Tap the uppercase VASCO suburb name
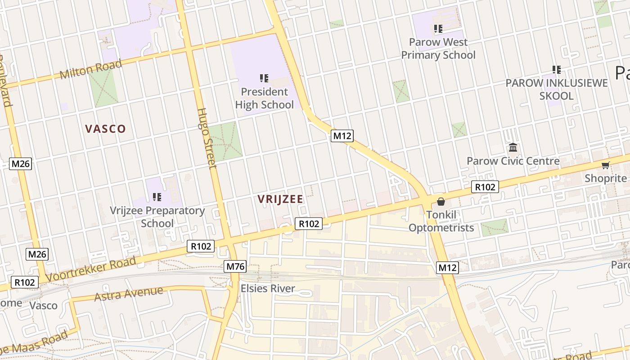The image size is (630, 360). click(105, 129)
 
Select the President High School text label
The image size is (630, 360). click(264, 98)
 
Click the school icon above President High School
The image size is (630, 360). click(264, 78)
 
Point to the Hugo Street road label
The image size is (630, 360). click(207, 138)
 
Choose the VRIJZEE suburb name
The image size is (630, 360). click(280, 199)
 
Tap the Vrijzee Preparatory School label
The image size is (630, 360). click(157, 216)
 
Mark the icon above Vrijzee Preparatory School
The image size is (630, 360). click(157, 197)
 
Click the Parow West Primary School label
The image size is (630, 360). click(438, 49)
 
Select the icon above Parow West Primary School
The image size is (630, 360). click(438, 29)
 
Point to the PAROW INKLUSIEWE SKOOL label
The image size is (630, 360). click(557, 90)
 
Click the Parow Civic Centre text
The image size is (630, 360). click(513, 161)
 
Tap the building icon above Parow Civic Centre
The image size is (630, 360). click(513, 147)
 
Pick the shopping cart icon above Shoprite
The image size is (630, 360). click(606, 166)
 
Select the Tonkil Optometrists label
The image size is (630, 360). click(441, 221)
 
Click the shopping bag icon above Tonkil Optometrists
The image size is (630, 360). click(441, 201)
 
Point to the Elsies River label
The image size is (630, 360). click(268, 288)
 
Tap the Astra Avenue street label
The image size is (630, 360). click(128, 293)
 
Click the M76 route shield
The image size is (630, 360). click(236, 266)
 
